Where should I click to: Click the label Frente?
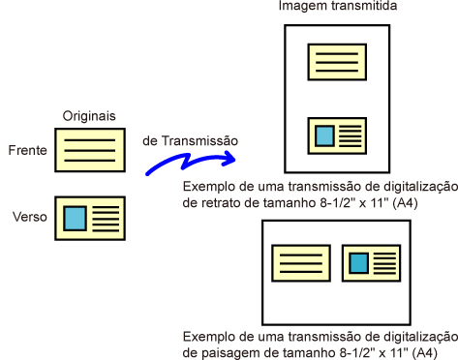(x=28, y=150)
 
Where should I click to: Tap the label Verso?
(x=30, y=217)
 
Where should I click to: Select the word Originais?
(x=89, y=116)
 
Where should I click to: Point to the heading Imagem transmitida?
(x=338, y=6)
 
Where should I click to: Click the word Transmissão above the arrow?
(x=199, y=141)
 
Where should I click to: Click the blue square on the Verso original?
(x=75, y=219)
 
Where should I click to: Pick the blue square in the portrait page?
(x=324, y=136)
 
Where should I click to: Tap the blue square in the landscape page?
(x=359, y=263)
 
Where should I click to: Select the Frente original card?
(x=90, y=150)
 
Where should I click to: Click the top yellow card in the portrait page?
(x=337, y=62)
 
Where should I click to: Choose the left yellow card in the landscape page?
(x=301, y=263)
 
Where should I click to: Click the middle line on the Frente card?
(x=90, y=150)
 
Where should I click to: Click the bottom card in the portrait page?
(x=337, y=135)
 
